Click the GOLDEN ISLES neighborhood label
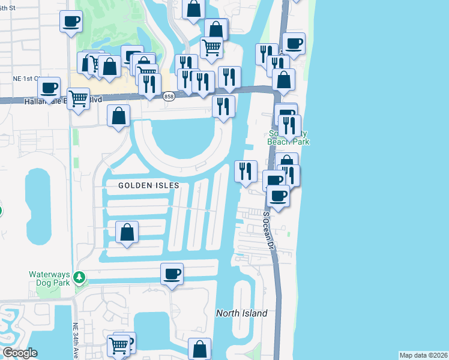pos(148,185)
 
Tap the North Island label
pos(241,313)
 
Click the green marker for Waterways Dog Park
pos(79,278)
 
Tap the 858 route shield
pos(169,96)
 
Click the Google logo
pos(20,353)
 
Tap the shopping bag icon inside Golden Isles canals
pos(127,233)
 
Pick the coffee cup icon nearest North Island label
pos(172,274)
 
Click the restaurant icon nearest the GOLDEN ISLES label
pos(245,172)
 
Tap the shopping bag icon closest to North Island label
pos(199,349)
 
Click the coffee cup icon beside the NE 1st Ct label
pos(49,88)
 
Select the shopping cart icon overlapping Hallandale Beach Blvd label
pos(79,99)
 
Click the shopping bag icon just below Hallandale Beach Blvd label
pos(119,116)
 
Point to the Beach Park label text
pos(289,142)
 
